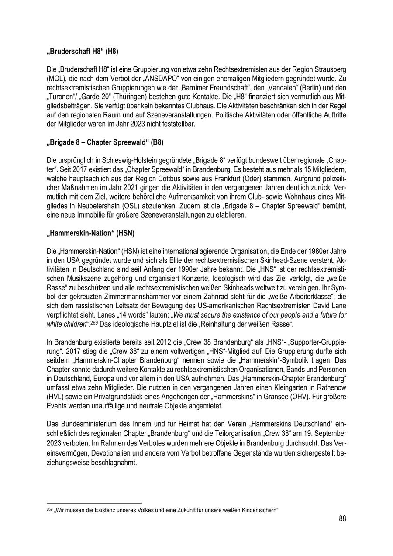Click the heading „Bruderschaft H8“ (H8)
(x=82, y=51)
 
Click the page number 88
(x=342, y=518)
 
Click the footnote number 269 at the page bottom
(x=49, y=510)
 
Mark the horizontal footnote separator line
(x=94, y=503)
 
